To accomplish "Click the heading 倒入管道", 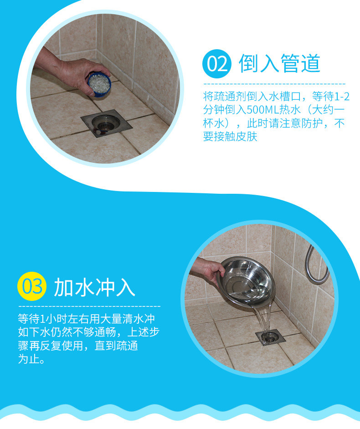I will pos(280,64).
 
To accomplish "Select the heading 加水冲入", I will pos(94,287).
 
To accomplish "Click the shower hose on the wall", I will pos(317,263).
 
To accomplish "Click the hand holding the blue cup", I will pos(68,72).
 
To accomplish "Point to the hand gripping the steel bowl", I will pos(211,272).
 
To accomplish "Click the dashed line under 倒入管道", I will pos(274,84).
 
